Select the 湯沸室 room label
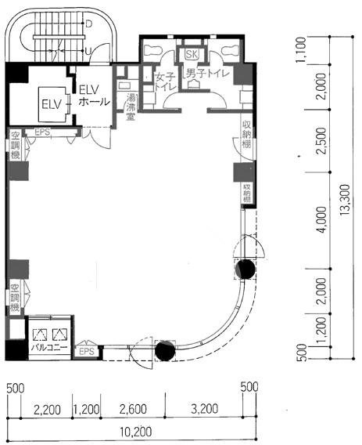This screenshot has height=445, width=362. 124,107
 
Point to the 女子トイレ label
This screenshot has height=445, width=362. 164,82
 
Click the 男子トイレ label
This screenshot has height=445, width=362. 206,74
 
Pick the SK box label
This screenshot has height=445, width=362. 191,54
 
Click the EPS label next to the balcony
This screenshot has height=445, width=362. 87,353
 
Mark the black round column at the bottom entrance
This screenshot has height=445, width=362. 165,350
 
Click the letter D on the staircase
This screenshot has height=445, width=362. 88,24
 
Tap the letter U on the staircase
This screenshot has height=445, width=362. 88,52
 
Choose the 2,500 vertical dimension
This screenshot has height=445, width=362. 321,147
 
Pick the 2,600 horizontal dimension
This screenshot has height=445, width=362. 135,408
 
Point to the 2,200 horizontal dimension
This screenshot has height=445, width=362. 47,408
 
